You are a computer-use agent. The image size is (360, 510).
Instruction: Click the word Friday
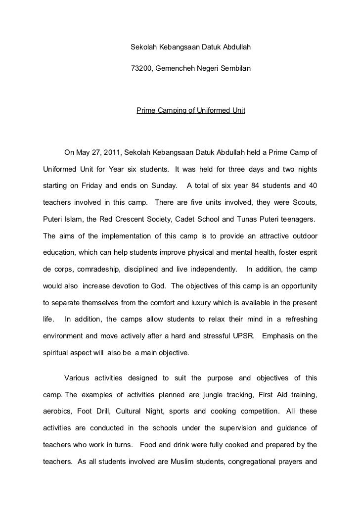click(x=90, y=185)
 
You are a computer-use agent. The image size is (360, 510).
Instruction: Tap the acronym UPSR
click(x=241, y=337)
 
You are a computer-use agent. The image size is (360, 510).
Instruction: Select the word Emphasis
click(x=279, y=337)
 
